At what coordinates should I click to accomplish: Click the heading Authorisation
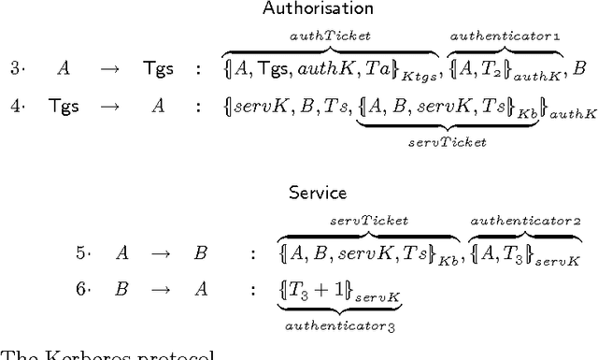305,9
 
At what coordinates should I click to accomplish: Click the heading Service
318,194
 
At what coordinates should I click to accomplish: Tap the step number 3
17,67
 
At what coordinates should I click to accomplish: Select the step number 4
17,106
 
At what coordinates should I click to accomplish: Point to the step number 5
82,252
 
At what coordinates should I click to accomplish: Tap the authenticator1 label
505,35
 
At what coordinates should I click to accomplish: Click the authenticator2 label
525,221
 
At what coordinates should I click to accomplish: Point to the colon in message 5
252,252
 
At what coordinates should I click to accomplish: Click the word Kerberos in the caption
75,355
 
